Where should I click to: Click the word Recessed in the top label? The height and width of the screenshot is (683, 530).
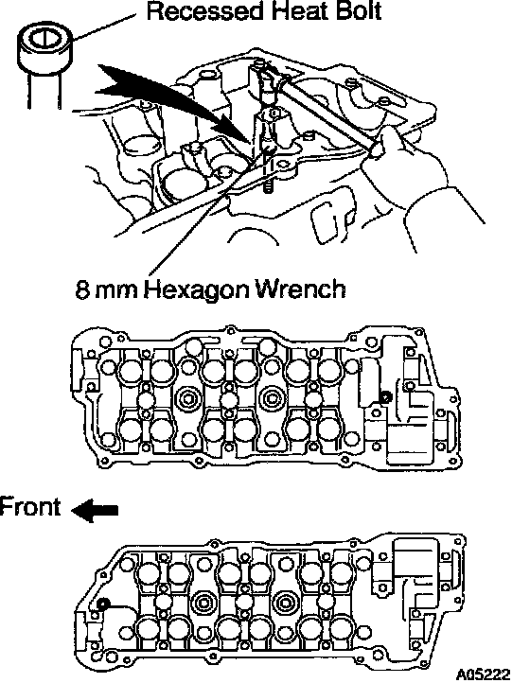click(204, 10)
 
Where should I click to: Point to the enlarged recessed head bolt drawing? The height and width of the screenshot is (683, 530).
click(44, 65)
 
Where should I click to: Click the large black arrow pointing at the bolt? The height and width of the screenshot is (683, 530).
click(174, 102)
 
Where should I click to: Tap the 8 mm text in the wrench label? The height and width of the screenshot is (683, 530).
click(106, 289)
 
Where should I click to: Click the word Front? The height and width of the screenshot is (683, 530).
click(29, 507)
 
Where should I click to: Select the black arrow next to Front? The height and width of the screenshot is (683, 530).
click(94, 510)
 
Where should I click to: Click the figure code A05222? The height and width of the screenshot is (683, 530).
click(483, 674)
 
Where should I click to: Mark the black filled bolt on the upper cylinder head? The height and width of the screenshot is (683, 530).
click(385, 396)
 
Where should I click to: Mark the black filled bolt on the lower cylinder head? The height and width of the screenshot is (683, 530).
click(103, 604)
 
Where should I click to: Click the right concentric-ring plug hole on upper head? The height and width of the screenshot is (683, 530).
click(272, 397)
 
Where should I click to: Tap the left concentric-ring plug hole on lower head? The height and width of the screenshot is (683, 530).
click(203, 604)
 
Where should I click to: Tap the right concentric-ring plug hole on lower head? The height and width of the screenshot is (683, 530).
click(286, 604)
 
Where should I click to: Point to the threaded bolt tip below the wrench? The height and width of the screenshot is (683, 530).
click(268, 188)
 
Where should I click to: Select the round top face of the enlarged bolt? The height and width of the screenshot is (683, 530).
click(44, 39)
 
